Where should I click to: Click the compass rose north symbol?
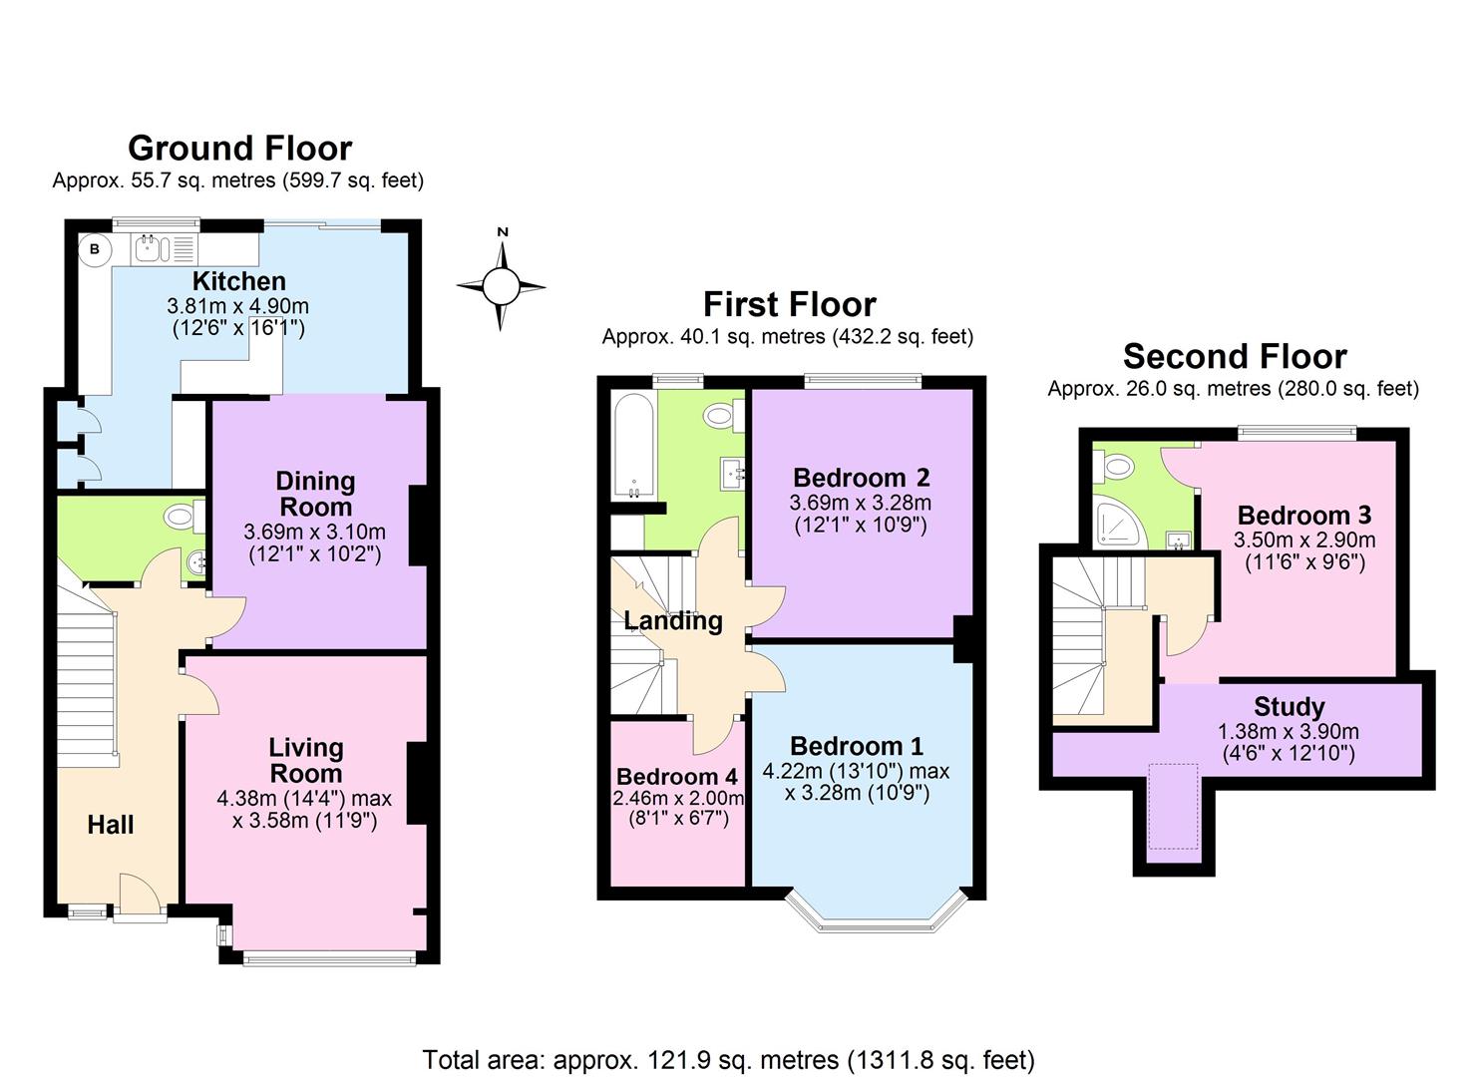point(502,286)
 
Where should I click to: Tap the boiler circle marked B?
point(95,249)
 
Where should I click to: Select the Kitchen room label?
point(238,281)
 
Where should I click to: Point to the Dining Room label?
point(315,494)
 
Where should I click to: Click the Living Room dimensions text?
point(304,810)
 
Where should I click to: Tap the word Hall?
point(110,825)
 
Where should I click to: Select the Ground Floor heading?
point(239,148)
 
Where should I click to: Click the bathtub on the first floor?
point(632,446)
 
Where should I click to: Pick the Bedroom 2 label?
point(861,478)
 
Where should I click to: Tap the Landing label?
point(673,620)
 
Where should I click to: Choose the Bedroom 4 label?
point(677,777)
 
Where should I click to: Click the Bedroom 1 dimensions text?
point(856,782)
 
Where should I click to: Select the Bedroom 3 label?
point(1303,516)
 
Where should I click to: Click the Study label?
point(1289,707)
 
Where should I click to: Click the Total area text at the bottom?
point(728,1059)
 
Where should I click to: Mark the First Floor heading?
point(789,304)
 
